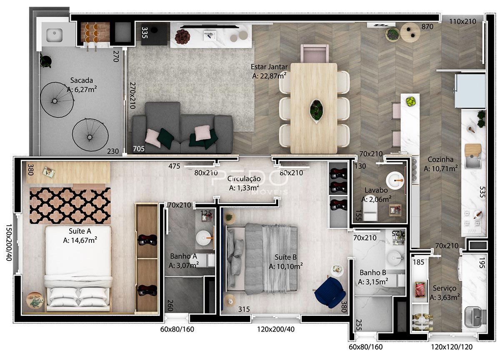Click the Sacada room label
pos(82,80)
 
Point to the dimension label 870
pos(427,27)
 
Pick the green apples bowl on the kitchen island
pos(410,102)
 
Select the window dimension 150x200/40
pos(8,242)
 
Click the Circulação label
pos(244,179)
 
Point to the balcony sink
pos(54,35)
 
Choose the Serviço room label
pos(445,288)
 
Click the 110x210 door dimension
pos(462,22)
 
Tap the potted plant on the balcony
pos(46,60)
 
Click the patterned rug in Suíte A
pos(70,205)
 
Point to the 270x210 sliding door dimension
pos(132,95)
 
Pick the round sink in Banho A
pos(204,238)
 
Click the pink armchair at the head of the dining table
pos(315,54)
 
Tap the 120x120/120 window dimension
pos(452,347)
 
